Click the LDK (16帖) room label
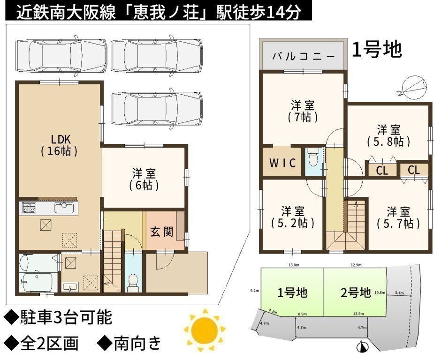(59, 145)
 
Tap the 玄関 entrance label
(162, 232)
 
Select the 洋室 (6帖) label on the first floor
(144, 180)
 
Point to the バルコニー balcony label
(304, 56)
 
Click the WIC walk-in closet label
(282, 163)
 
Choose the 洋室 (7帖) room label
(303, 111)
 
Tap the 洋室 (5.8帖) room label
(388, 136)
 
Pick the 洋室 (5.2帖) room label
(293, 217)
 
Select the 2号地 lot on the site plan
(355, 292)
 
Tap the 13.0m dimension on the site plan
(294, 265)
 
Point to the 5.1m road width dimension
(399, 293)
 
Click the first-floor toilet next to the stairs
(133, 282)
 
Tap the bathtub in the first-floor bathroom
(38, 282)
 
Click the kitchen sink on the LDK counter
(64, 207)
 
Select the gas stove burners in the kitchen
(29, 207)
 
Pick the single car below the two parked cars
(156, 109)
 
